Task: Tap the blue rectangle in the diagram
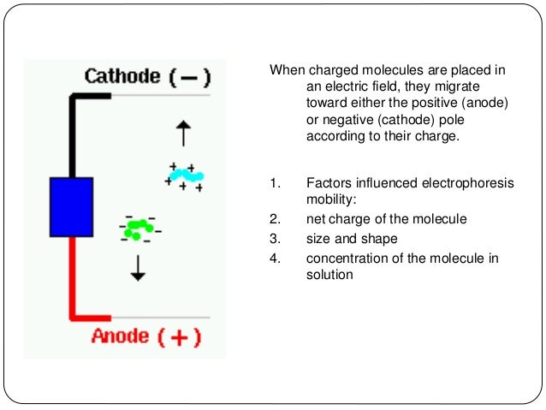tap(71, 206)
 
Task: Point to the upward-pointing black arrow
tap(181, 134)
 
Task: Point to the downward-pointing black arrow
tap(138, 267)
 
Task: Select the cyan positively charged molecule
tap(185, 175)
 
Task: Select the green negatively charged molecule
tap(138, 228)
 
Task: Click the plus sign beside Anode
tap(179, 336)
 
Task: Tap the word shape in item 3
tap(379, 239)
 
